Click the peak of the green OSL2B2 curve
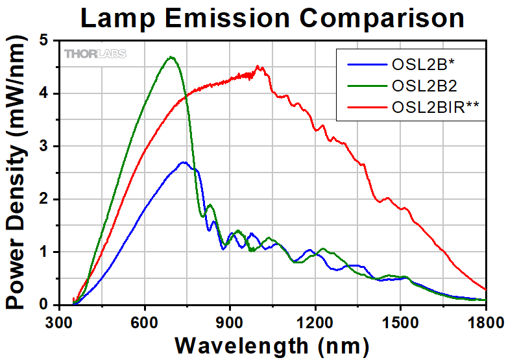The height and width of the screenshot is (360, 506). click(x=172, y=57)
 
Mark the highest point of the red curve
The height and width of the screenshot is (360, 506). click(x=258, y=66)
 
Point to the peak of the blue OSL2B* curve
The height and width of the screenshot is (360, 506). click(x=184, y=162)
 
